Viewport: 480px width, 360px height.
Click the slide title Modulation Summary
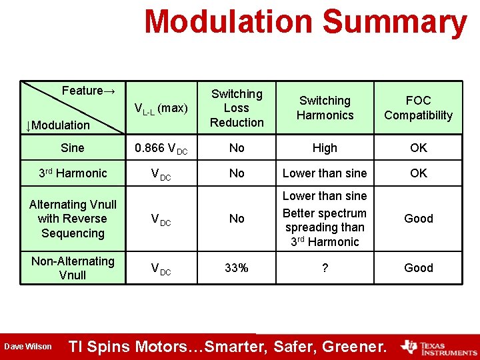click(x=305, y=22)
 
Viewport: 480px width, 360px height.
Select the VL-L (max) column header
click(x=161, y=108)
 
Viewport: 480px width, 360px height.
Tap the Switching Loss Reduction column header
click(x=237, y=108)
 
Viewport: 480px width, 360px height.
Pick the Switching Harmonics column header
click(x=325, y=108)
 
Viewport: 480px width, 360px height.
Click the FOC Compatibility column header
click(x=418, y=108)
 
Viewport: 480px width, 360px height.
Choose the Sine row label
click(x=72, y=148)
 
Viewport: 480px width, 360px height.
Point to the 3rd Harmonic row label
click(x=72, y=173)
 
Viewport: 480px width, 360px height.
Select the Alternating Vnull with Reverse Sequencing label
click(x=72, y=219)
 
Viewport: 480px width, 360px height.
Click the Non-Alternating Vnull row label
click(x=72, y=268)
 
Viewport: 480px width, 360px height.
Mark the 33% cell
click(x=237, y=268)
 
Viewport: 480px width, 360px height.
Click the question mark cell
click(x=325, y=268)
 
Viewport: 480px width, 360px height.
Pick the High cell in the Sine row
click(x=325, y=148)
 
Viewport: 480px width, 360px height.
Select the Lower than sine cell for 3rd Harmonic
click(x=325, y=173)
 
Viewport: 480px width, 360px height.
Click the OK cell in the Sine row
click(x=418, y=148)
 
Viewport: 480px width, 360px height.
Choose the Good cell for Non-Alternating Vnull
click(x=418, y=268)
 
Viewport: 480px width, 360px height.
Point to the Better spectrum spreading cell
click(x=325, y=227)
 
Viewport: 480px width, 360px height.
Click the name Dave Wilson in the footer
click(x=27, y=347)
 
